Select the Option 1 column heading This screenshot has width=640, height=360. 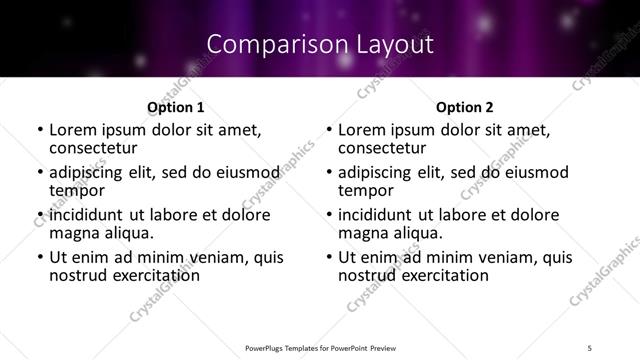coord(175,107)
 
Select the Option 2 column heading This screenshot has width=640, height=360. coord(465,107)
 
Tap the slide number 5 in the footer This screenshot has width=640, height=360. coord(589,347)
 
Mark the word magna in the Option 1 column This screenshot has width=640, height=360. coord(73,233)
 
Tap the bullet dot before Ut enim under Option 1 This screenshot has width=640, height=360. coord(39,258)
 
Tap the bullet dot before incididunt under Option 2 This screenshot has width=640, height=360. coord(329,216)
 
